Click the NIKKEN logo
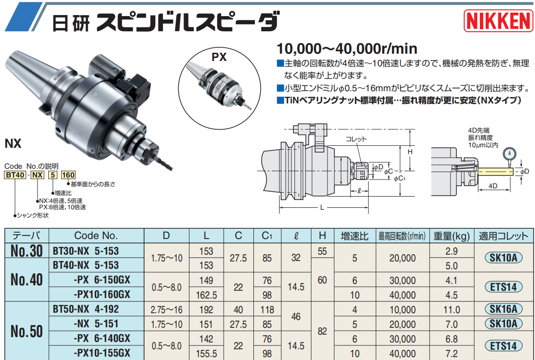point(497,21)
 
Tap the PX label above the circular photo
point(219,57)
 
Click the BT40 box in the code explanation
point(14,175)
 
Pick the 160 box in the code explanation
point(68,175)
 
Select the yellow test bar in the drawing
point(495,172)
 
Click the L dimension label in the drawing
point(322,208)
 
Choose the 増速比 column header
point(354,236)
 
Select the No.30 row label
point(26,251)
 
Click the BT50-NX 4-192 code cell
point(86,309)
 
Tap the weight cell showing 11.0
point(451,309)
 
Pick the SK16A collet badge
point(503,309)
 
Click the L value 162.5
point(206,295)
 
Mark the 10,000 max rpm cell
point(402,309)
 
